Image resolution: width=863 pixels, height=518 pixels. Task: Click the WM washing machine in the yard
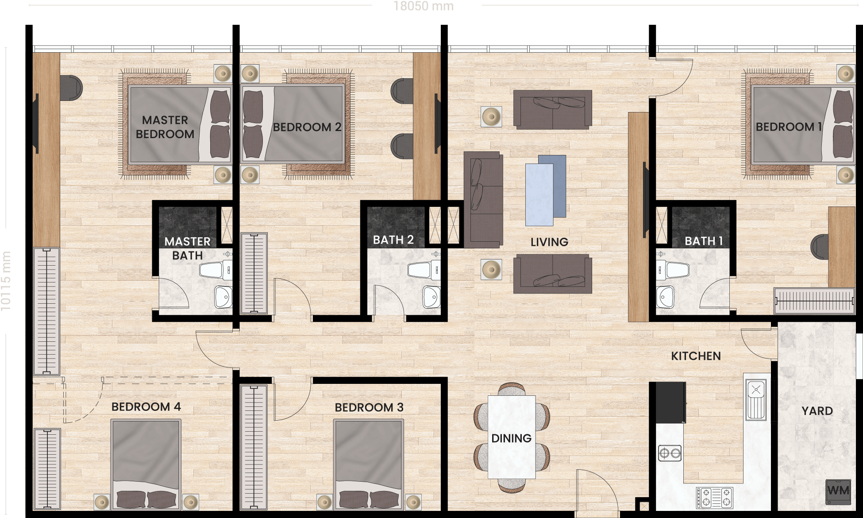(838, 492)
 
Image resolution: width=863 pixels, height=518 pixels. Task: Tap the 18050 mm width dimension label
(424, 6)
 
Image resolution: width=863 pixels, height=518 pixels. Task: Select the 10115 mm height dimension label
(6, 281)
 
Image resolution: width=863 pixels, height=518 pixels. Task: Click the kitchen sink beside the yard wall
(756, 400)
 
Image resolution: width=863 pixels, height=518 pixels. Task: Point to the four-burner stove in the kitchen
(714, 497)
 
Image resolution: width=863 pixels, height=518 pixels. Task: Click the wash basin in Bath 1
(665, 297)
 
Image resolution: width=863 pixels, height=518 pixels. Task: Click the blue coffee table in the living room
(546, 190)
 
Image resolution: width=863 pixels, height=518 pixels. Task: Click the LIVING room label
(549, 242)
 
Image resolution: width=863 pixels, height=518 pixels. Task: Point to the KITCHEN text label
(696, 356)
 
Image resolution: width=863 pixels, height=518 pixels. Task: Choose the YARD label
(817, 411)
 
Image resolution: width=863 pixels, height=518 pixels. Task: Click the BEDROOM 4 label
(146, 407)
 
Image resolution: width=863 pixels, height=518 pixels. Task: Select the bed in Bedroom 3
(368, 464)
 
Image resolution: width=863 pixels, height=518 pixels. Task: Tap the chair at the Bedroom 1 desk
(820, 247)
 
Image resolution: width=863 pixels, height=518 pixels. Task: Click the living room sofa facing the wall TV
(483, 200)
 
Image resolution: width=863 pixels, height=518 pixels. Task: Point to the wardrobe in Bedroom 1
(814, 301)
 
